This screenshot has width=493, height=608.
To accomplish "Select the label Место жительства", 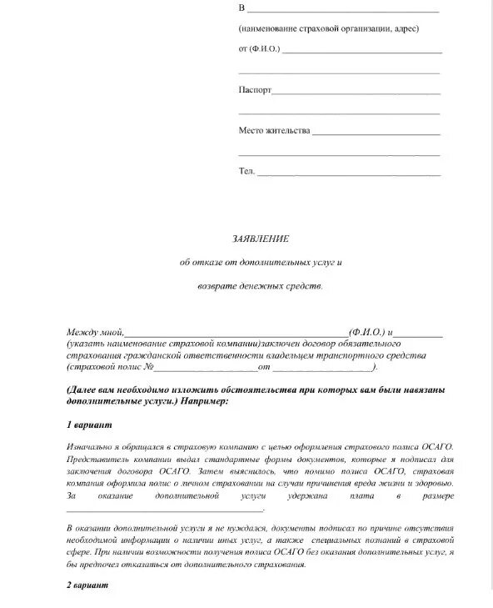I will [x=274, y=131].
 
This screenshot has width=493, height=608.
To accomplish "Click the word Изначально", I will [x=90, y=447].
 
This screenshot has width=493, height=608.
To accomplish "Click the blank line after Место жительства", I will [x=376, y=133].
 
